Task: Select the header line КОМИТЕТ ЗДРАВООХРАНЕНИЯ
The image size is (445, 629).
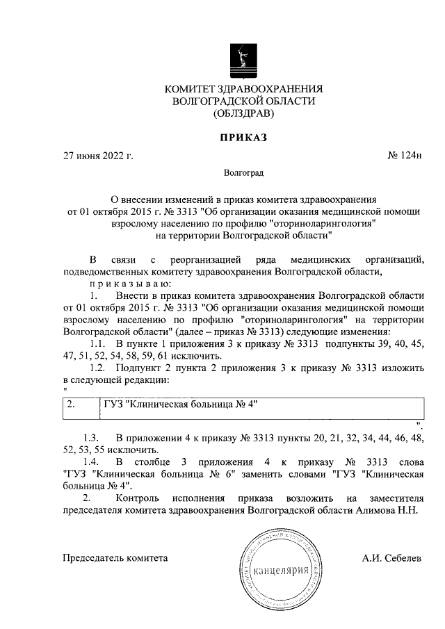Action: click(x=243, y=89)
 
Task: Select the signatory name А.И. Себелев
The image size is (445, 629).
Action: click(x=391, y=557)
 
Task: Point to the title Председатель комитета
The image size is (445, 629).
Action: click(x=115, y=557)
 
